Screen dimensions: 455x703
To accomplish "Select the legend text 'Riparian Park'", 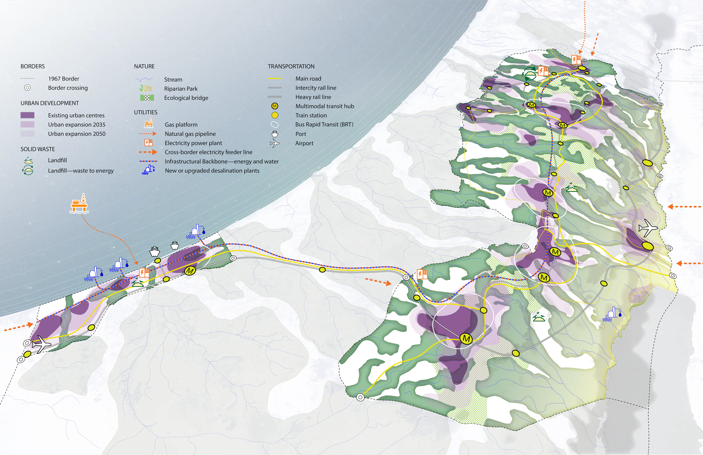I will tap(181, 89).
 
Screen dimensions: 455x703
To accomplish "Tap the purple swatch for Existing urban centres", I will tap(27, 115).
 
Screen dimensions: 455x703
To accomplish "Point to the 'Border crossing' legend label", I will tap(68, 88).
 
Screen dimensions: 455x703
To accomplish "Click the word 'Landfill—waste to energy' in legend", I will tap(81, 171).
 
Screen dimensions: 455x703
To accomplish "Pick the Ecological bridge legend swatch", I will tap(147, 98).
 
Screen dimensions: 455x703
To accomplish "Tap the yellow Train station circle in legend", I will tap(275, 115).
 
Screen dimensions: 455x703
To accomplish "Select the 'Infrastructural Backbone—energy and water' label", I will tap(222, 162).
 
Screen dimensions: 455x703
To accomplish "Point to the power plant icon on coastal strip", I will tap(144, 272).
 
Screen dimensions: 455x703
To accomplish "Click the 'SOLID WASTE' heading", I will tap(38, 149).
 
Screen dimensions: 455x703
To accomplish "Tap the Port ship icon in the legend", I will tap(275, 134).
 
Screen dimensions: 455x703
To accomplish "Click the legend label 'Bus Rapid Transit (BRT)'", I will tap(324, 124).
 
